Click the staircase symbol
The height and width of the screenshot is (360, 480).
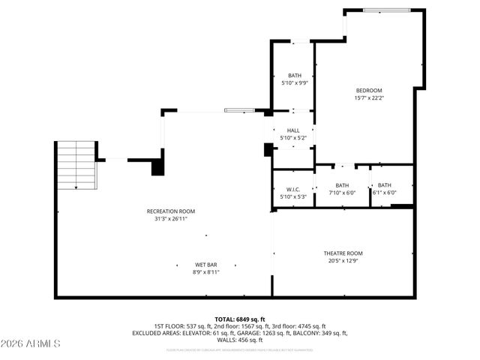(76, 166)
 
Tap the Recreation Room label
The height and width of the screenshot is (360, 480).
(166, 211)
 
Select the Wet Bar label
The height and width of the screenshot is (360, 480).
(206, 265)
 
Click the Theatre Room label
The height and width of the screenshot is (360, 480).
(343, 253)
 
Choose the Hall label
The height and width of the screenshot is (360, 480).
(293, 130)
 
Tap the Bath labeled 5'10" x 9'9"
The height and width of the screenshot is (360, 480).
(294, 76)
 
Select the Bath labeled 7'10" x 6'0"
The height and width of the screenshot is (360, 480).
(342, 185)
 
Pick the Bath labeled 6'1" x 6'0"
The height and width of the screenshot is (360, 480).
(384, 185)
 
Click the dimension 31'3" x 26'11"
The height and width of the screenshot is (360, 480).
(166, 219)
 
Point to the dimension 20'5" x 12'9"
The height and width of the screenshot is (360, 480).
(343, 261)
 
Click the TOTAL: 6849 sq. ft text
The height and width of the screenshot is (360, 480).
(240, 319)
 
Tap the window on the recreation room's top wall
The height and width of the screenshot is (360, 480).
(244, 112)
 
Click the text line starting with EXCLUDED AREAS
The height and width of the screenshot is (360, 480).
(240, 333)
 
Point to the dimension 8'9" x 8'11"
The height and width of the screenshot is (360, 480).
(206, 272)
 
